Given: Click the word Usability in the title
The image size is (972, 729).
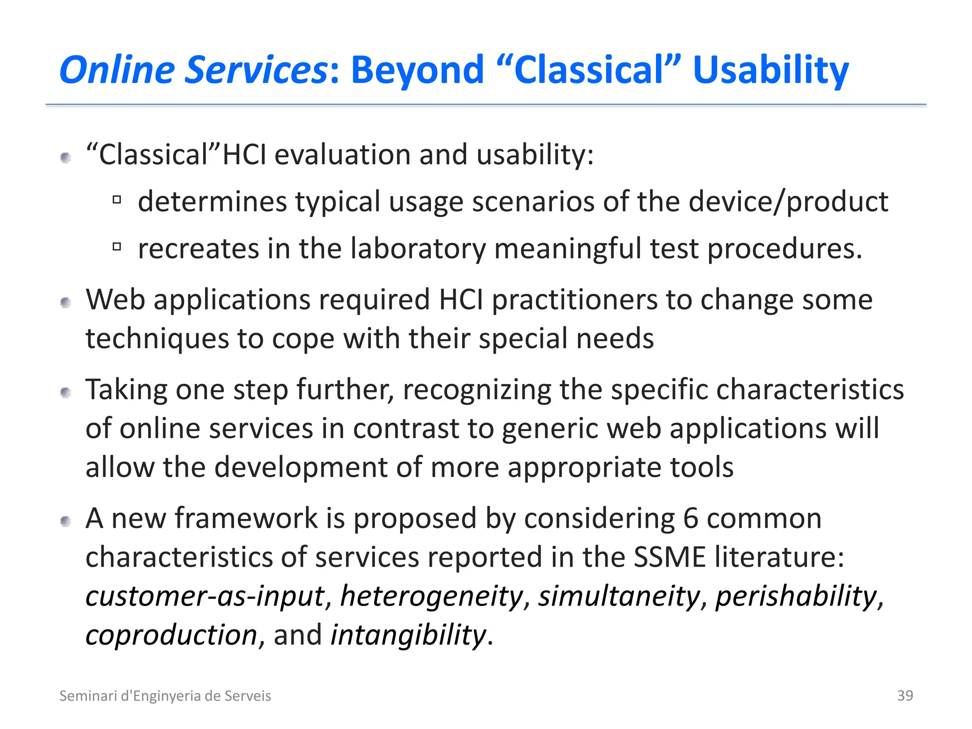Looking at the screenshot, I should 770,70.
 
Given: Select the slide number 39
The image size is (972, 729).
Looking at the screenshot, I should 905,695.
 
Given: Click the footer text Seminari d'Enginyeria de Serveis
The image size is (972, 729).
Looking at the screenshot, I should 165,696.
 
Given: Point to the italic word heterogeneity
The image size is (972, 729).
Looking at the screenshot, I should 431,596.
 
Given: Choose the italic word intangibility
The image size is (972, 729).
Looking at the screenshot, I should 408,635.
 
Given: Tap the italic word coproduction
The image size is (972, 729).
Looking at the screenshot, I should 171,635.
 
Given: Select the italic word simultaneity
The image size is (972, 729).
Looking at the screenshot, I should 619,596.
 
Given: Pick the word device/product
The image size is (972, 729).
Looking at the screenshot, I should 788,202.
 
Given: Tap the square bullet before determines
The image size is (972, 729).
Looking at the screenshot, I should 117,200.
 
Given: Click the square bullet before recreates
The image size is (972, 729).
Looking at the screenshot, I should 117,247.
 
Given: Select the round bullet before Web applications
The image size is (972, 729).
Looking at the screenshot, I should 66,302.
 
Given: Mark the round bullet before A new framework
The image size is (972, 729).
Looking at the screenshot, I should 66,522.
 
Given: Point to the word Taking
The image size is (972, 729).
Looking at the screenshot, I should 126,390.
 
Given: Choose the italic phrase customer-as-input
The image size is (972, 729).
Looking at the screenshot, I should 206,596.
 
